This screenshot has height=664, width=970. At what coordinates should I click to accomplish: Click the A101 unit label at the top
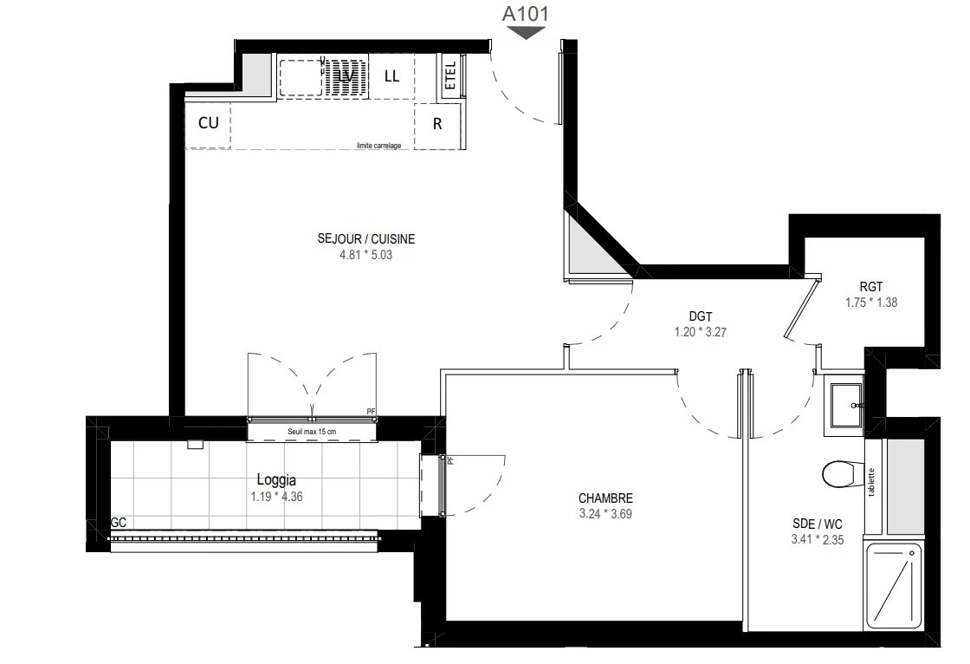[525, 14]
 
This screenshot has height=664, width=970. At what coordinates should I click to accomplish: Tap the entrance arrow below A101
[525, 33]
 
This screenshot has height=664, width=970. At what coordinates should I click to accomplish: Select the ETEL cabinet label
[450, 75]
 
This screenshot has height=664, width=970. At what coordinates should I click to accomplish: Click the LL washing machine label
[391, 76]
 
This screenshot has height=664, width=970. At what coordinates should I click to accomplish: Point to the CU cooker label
[209, 122]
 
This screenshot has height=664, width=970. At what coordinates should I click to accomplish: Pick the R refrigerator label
[437, 124]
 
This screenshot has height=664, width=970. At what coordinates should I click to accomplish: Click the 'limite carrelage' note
[378, 146]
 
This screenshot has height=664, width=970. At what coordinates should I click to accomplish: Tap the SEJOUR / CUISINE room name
[366, 238]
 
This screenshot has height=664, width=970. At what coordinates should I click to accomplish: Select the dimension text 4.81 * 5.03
[365, 255]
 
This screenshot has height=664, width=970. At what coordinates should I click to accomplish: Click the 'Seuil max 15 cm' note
[312, 432]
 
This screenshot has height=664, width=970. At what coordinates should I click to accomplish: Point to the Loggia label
[276, 480]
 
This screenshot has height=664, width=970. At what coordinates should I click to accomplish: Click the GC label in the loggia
[118, 523]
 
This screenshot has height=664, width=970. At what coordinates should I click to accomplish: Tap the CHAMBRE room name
[605, 498]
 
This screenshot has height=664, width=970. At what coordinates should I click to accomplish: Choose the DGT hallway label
[701, 316]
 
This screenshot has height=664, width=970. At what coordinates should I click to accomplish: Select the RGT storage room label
[871, 287]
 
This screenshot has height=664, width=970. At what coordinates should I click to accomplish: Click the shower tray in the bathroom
[895, 586]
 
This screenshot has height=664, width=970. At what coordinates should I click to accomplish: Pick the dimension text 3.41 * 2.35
[818, 539]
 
